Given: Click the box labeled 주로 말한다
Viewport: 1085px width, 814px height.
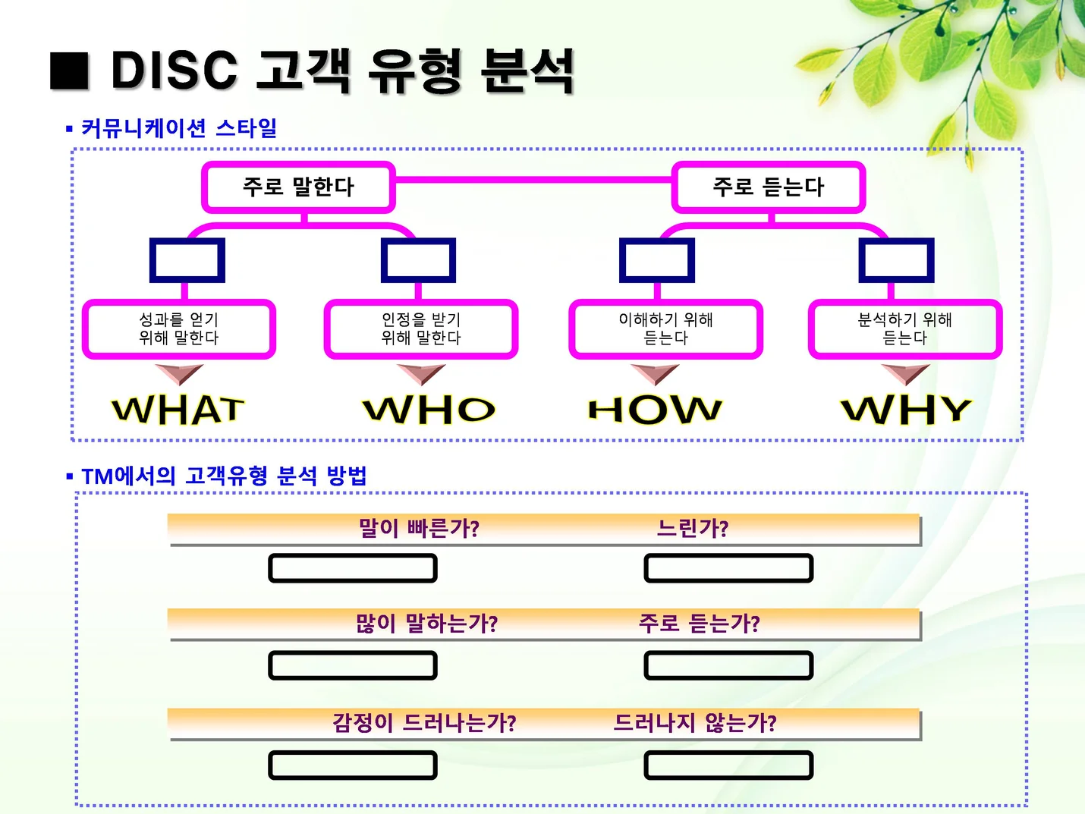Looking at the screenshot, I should (298, 187).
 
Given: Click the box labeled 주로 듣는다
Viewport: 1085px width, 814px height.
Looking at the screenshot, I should (768, 187).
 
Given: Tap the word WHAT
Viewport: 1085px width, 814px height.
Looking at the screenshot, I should (178, 410).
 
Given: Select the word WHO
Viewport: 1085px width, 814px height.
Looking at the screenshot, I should (429, 410).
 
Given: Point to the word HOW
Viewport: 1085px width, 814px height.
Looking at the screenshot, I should (655, 410).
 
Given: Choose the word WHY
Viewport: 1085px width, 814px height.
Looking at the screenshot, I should (906, 410).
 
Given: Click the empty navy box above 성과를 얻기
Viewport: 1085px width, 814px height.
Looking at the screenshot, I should (187, 260).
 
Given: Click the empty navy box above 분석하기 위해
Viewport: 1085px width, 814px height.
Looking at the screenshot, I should (896, 260).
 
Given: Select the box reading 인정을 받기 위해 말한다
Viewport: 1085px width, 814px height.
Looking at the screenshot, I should (421, 329).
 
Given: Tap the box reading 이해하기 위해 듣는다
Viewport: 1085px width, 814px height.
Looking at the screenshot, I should (665, 329).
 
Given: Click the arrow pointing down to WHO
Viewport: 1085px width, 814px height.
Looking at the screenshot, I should (420, 373).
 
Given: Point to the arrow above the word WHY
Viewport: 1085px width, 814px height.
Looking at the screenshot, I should (905, 373).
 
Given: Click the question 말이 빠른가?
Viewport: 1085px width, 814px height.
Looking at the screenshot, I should (419, 528).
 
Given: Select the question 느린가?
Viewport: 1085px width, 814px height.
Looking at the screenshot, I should (692, 528).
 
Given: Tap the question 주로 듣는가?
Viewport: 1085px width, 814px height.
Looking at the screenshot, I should (699, 624).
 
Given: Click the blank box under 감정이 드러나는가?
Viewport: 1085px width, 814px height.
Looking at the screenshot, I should (353, 765).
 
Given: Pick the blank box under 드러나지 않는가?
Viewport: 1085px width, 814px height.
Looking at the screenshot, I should (728, 765).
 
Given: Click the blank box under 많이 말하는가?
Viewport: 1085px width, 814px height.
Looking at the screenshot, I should (353, 665).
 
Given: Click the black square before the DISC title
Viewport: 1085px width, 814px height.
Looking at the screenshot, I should (70, 71).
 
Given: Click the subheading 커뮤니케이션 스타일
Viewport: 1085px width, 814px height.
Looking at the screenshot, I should (179, 128).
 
